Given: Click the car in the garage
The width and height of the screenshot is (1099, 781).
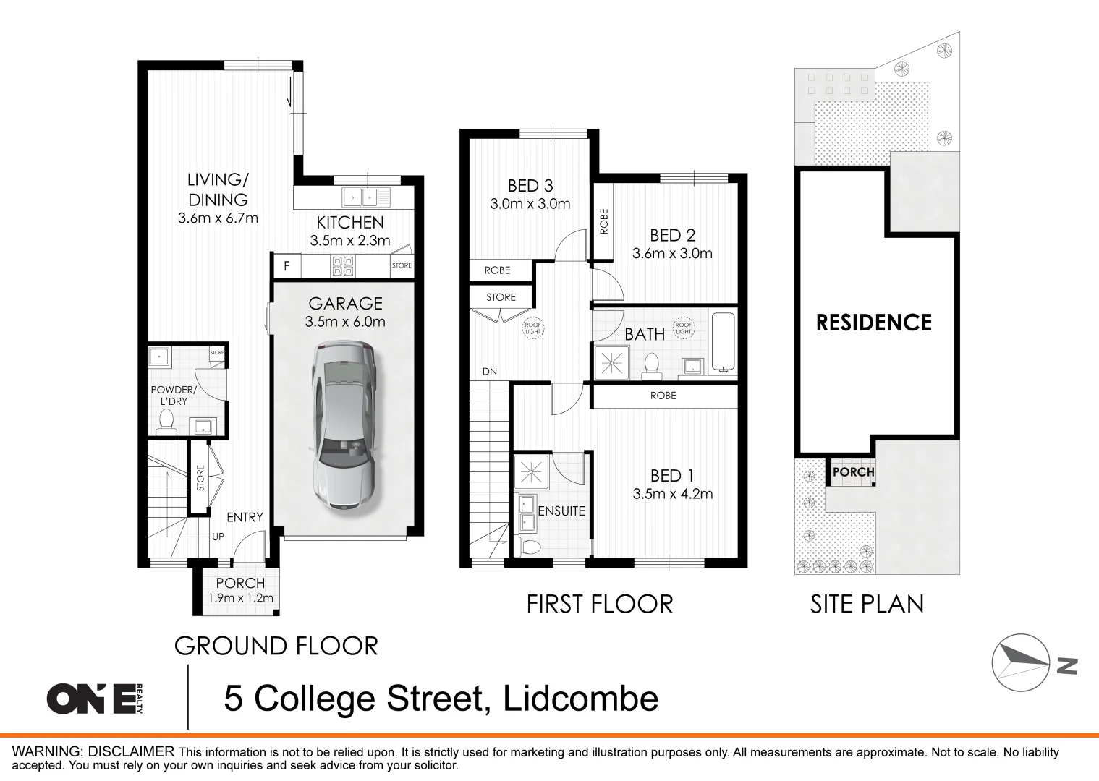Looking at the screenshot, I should tap(343, 427).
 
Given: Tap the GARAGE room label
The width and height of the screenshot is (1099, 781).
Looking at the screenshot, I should tap(345, 304).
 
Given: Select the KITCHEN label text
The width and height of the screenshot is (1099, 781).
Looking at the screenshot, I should tap(349, 223).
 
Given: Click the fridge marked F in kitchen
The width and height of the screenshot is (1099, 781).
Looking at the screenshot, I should tap(287, 266).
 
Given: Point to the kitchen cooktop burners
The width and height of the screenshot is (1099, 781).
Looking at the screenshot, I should tap(343, 266).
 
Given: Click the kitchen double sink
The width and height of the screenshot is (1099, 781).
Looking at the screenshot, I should tap(360, 197).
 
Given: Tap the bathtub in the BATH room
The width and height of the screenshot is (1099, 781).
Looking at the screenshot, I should tap(723, 341).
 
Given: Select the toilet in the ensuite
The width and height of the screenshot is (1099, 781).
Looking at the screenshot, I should tap(530, 546).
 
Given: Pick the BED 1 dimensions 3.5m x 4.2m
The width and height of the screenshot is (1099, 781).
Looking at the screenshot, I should tap(672, 494).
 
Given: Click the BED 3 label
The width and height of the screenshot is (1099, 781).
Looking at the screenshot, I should tap(530, 186).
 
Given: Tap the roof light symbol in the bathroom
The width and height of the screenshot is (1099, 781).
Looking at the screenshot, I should tap(683, 328).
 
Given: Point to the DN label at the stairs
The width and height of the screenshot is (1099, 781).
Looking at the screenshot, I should tap(490, 372).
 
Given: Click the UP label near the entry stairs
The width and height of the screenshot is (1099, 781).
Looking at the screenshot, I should tap(218, 537).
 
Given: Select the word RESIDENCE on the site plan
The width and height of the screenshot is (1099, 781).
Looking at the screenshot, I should tap(874, 323).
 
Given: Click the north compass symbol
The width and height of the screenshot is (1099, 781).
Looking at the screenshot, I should tap(1021, 662).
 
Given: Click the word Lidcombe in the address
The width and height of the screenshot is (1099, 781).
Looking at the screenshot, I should tap(580, 699).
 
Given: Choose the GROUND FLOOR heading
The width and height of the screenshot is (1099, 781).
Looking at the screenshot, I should tap(276, 646).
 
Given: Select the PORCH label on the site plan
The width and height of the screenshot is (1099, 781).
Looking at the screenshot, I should tap(853, 472).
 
